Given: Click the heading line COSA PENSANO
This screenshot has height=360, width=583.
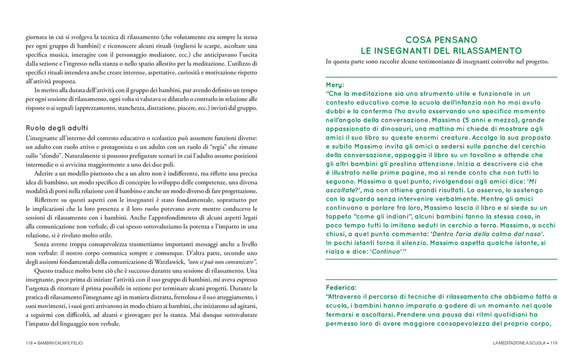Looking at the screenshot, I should click(x=441, y=40).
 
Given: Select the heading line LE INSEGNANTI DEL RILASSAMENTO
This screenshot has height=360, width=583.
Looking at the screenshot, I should click(x=441, y=51).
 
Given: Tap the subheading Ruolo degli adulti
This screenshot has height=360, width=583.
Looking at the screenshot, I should click(x=57, y=128).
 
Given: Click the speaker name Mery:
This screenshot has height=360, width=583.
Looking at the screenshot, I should click(x=335, y=85).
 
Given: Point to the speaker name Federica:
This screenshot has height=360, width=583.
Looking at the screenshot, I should click(x=341, y=287).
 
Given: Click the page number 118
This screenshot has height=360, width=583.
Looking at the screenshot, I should click(x=30, y=343).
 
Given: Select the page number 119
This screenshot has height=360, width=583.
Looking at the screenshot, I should click(x=553, y=343).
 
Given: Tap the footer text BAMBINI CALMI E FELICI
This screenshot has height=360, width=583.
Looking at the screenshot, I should click(x=60, y=343).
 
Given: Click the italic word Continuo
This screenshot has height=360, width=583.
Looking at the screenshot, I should click(x=387, y=252).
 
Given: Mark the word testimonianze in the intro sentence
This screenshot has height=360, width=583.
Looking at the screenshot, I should click(x=442, y=62).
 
